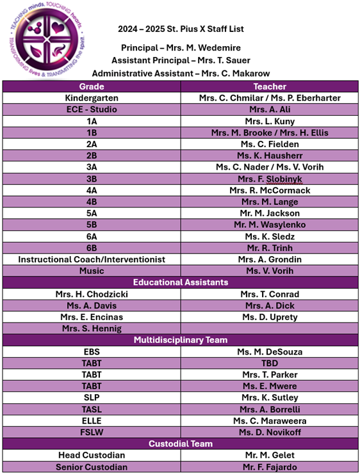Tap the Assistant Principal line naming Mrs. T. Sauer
pyautogui.click(x=180, y=61)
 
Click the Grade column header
pyautogui.click(x=92, y=86)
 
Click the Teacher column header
pyautogui.click(x=269, y=86)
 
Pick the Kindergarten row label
pyautogui.click(x=92, y=98)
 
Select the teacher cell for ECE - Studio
pyautogui.click(x=269, y=109)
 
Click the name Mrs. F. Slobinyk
pyautogui.click(x=269, y=179)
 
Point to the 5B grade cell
pyautogui.click(x=92, y=225)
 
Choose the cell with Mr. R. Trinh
pyautogui.click(x=269, y=248)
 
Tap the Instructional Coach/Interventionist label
pyautogui.click(x=92, y=259)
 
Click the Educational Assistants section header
pyautogui.click(x=180, y=282)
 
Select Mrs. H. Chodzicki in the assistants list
pyautogui.click(x=92, y=294)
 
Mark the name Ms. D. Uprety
pyautogui.click(x=269, y=317)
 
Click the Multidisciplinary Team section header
pyautogui.click(x=180, y=340)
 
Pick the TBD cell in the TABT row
pyautogui.click(x=269, y=363)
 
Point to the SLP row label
pyautogui.click(x=92, y=397)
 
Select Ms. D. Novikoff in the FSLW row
pyautogui.click(x=269, y=432)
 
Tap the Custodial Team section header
pyautogui.click(x=180, y=444)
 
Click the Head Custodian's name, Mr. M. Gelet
pyautogui.click(x=269, y=455)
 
